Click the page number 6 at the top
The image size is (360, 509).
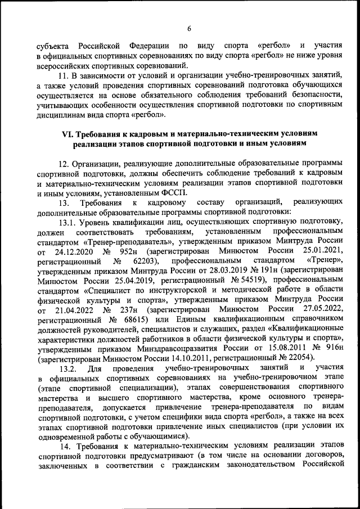pos(190,29)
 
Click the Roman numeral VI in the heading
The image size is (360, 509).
pos(67,134)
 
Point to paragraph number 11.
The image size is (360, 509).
pos(64,75)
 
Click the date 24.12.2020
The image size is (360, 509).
pos(74,251)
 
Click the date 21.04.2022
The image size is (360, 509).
pos(73,311)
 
